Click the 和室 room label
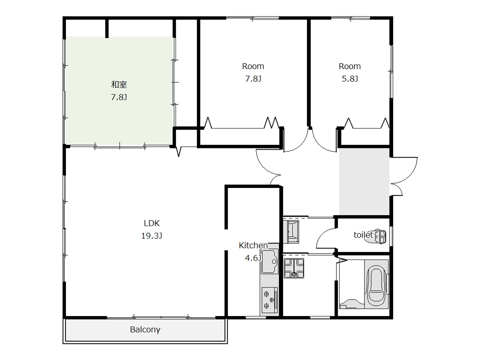click(119, 84)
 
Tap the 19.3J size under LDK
click(152, 236)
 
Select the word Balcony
click(145, 330)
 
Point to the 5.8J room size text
click(350, 79)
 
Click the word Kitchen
click(253, 246)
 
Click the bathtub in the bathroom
click(376, 284)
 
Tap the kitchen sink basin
click(270, 262)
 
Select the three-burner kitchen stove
click(270, 300)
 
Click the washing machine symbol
click(294, 268)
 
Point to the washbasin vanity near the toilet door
click(291, 232)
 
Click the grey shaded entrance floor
click(364, 182)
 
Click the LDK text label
click(152, 223)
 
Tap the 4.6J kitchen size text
click(253, 258)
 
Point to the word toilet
click(363, 235)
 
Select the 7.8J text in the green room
click(119, 97)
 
